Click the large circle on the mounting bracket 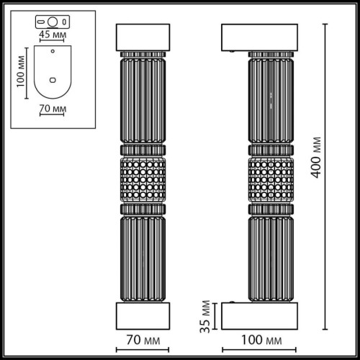[x=52, y=19]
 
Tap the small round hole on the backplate [x=53, y=53]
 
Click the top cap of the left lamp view [x=143, y=39]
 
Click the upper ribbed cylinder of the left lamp [x=143, y=101]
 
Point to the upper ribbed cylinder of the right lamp [x=270, y=101]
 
